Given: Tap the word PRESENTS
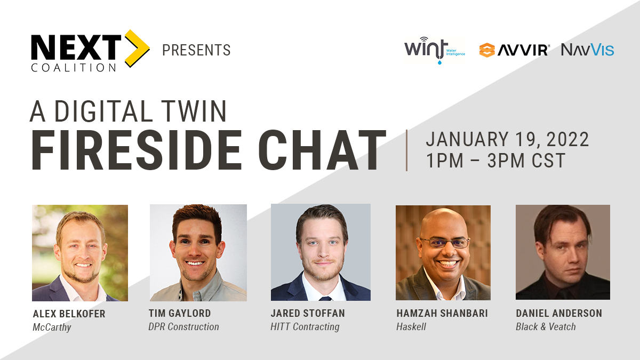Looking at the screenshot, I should (196, 51).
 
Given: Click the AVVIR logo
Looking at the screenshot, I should (514, 50).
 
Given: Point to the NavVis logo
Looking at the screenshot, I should (587, 50).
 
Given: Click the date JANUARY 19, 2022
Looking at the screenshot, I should (507, 140).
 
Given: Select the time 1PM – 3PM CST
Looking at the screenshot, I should (495, 161).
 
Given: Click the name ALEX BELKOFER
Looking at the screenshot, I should (69, 314).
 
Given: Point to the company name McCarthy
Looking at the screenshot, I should (52, 327).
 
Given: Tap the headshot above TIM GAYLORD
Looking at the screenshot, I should (198, 252).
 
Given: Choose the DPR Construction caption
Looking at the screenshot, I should (183, 326).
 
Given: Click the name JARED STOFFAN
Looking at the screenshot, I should (308, 313).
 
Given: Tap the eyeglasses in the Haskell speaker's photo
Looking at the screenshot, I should (444, 242).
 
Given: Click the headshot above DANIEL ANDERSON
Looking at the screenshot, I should (563, 252).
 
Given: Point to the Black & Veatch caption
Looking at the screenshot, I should (546, 326).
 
